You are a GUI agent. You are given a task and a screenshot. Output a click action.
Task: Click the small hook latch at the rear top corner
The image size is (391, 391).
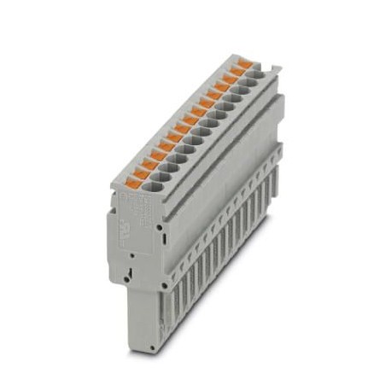pyautogui.click(x=276, y=69)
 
